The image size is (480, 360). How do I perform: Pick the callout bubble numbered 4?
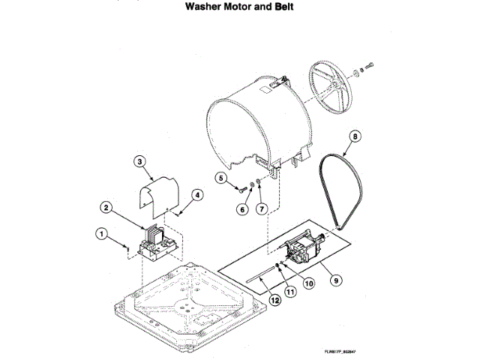[x=198, y=194]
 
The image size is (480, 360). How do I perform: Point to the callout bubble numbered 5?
[x=222, y=178]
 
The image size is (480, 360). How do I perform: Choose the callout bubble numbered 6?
[x=242, y=210]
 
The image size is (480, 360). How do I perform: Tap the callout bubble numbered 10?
[x=308, y=283]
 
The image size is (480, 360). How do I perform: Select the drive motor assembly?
[x=303, y=248]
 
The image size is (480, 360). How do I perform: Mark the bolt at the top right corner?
[x=370, y=64]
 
